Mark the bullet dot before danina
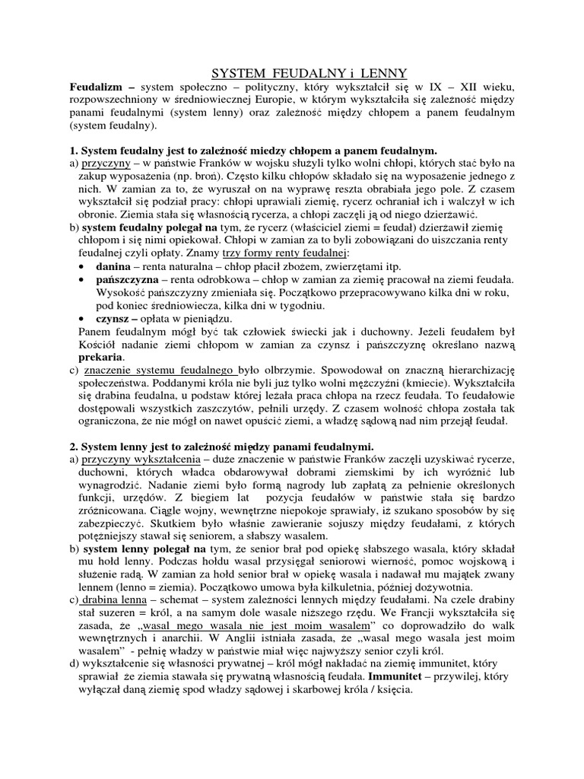(81, 268)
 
